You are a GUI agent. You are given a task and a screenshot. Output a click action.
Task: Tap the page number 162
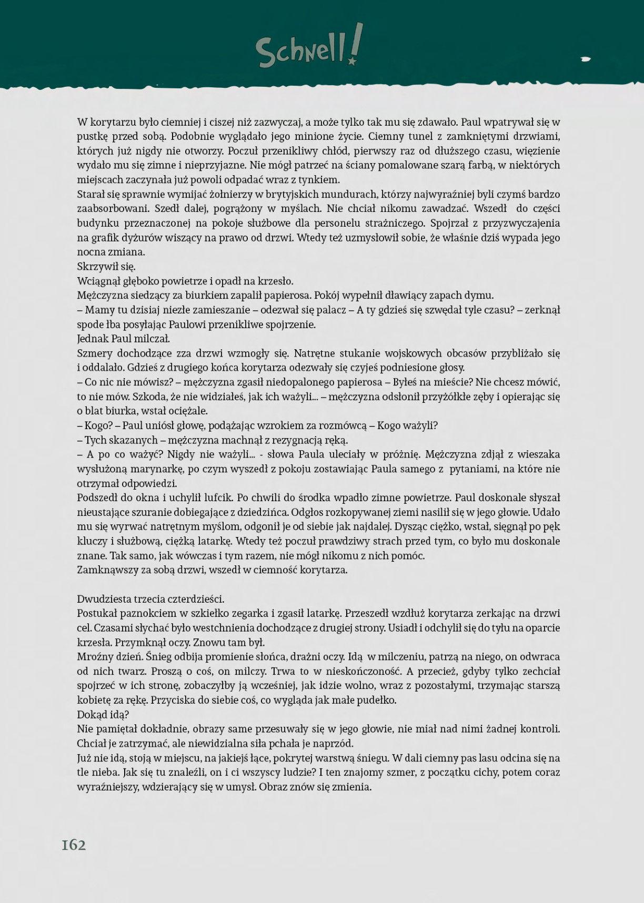(x=74, y=845)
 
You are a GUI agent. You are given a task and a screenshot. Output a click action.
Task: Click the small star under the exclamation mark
(x=352, y=62)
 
